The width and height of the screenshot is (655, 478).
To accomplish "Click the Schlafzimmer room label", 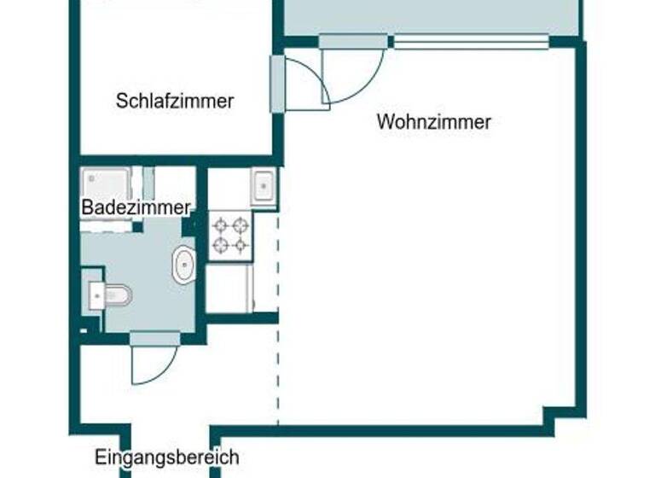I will coord(175,101).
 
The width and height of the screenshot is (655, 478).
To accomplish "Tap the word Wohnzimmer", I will coord(433,122).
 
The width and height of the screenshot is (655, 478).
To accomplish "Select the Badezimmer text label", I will coord(136,207).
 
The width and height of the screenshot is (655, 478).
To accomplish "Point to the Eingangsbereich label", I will coord(166,458).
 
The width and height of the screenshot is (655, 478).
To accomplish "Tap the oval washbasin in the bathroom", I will coord(183,265).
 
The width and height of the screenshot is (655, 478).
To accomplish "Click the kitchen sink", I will coord(264,185).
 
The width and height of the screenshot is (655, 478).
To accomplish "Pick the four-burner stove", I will coord(231,236).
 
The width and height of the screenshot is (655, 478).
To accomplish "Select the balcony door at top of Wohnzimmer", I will coord(353,41).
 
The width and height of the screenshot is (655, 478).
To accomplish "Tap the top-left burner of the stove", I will coord(221,226).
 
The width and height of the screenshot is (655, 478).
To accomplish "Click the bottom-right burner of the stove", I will coord(241,246).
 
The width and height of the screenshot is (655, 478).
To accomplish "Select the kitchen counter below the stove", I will coord(229,289).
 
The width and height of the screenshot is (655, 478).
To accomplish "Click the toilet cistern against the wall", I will coord(95,295).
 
